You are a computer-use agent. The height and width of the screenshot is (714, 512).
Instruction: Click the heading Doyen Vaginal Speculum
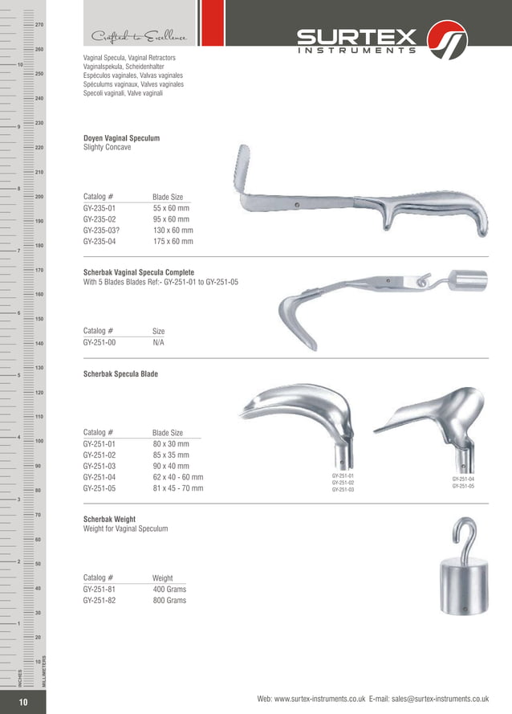pyautogui.click(x=121, y=138)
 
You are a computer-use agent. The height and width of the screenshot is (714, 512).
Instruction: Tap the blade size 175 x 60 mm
pyautogui.click(x=173, y=241)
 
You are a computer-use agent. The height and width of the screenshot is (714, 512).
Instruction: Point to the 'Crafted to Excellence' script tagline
pyautogui.click(x=140, y=37)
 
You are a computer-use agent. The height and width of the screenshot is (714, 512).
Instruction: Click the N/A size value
pyautogui.click(x=159, y=342)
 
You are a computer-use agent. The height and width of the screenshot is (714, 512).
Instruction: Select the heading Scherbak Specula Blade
pyautogui.click(x=120, y=374)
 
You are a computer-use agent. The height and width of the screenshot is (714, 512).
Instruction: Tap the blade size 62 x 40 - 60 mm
pyautogui.click(x=177, y=477)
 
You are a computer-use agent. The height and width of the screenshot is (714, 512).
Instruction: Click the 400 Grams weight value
pyautogui.click(x=169, y=590)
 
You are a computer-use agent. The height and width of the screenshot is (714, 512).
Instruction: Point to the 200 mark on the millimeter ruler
pyautogui.click(x=39, y=197)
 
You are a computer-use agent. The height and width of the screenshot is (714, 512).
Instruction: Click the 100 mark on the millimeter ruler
pyautogui.click(x=39, y=441)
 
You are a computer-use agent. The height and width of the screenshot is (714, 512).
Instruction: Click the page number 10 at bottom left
pyautogui.click(x=23, y=703)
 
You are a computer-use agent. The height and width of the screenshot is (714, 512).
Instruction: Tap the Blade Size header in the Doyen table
pyautogui.click(x=168, y=196)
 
